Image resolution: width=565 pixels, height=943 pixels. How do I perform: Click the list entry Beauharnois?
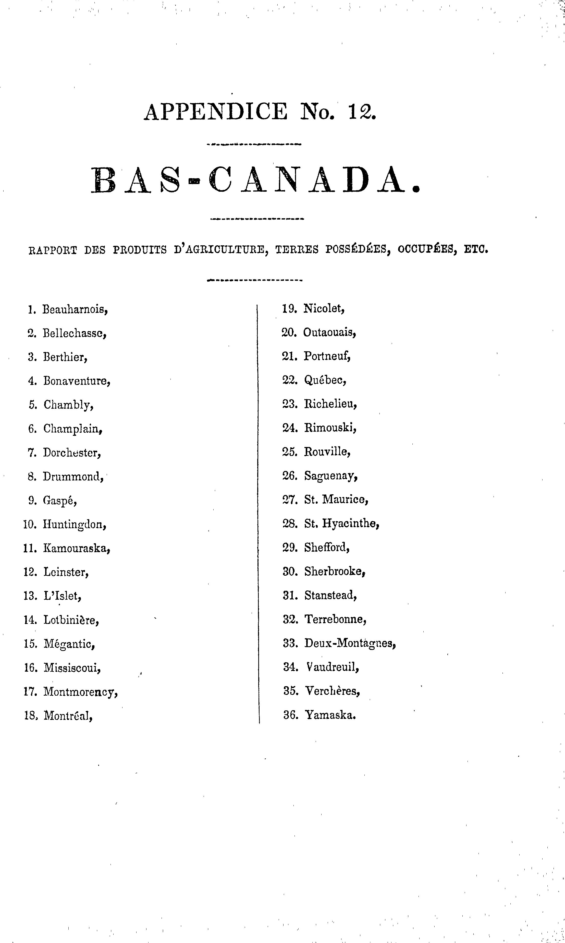pos(75,309)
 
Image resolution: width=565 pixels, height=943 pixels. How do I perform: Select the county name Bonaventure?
pos(77,381)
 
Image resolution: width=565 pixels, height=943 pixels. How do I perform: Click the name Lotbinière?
pos(71,620)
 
